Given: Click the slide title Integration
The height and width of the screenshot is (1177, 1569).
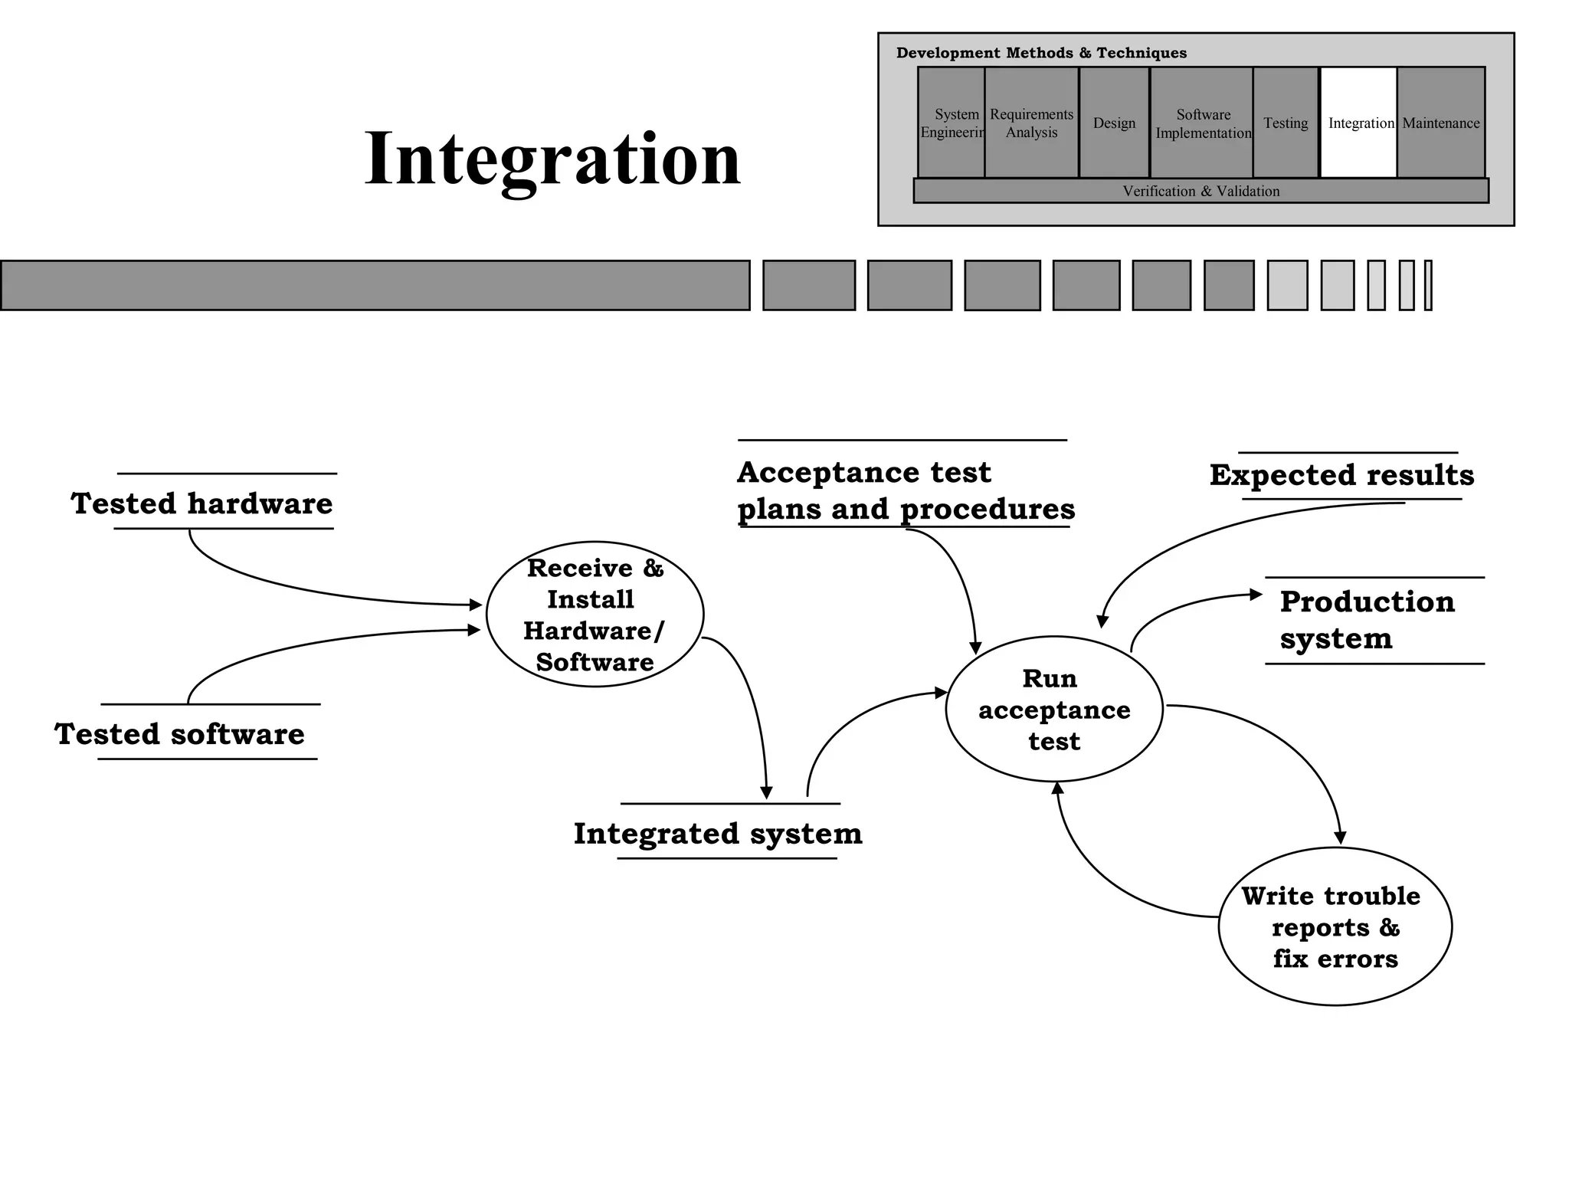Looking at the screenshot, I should (552, 159).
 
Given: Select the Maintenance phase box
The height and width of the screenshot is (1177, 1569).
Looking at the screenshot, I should (1440, 123).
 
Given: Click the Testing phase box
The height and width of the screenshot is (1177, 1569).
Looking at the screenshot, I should (1285, 123).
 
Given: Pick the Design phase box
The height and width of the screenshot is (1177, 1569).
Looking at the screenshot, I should (1113, 123).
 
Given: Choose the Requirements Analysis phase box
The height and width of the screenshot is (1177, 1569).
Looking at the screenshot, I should (1031, 123).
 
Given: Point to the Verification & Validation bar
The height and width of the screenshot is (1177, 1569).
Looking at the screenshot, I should (1200, 191).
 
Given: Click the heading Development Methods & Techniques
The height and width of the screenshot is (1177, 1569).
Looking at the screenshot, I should (1041, 53).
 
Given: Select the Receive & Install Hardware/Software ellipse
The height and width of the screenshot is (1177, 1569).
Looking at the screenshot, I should (595, 615).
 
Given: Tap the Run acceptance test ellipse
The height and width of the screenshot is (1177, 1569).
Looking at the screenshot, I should (1054, 710).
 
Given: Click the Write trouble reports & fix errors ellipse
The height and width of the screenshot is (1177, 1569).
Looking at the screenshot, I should (1335, 926).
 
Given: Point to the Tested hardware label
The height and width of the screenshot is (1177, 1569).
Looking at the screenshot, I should (202, 503).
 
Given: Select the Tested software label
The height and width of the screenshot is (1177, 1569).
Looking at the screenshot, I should (180, 733).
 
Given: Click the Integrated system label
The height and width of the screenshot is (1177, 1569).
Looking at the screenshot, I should (718, 833).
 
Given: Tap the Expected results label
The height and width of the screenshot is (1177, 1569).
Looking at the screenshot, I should (1341, 475).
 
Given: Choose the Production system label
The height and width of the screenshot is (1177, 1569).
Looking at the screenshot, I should (1367, 620).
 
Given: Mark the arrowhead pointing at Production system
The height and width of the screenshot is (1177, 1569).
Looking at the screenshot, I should (1256, 594).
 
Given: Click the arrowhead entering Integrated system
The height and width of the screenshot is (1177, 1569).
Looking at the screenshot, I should (766, 793).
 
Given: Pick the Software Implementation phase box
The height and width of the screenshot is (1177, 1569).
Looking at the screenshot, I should (1202, 123).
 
